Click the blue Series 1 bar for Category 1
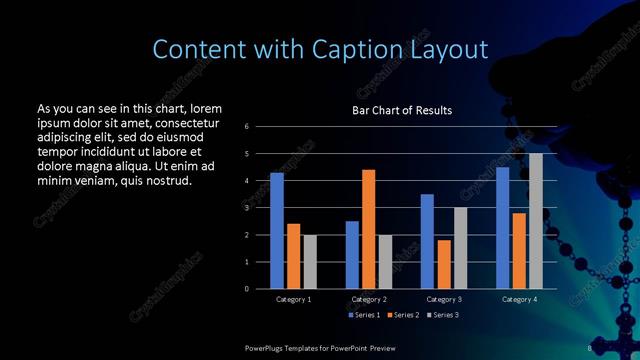276,231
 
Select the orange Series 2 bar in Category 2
368,229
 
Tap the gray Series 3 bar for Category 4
536,221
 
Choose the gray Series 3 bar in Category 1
309,262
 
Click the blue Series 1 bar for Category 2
352,255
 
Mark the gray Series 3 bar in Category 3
460,248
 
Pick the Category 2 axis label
368,299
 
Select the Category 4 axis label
519,299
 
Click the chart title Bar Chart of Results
402,110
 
